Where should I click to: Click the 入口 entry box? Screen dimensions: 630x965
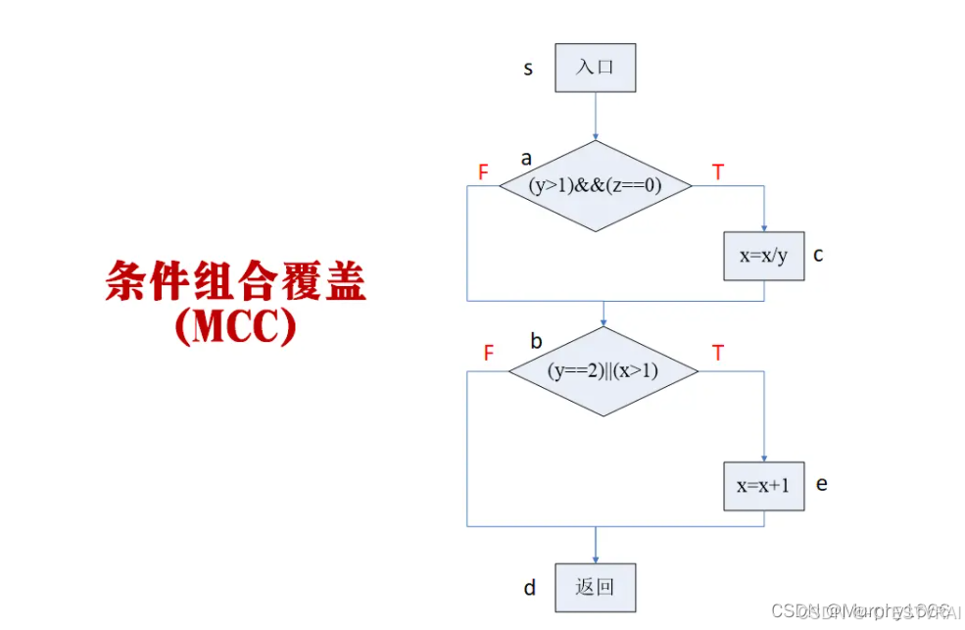[x=595, y=68]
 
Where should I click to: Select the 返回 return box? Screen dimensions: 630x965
[x=595, y=588]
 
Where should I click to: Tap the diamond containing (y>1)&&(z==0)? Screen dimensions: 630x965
[x=596, y=186]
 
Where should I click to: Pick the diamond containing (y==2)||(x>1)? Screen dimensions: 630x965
[x=603, y=371]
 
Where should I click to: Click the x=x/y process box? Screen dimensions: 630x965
[x=764, y=256]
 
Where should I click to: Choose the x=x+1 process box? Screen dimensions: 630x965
[x=764, y=486]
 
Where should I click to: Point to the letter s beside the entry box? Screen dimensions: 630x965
[x=529, y=69]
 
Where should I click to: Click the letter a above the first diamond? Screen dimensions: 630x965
[x=527, y=158]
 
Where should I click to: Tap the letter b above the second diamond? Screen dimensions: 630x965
[x=536, y=341]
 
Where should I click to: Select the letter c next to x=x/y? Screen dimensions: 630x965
[x=818, y=255]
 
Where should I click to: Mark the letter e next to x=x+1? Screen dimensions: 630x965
[x=821, y=484]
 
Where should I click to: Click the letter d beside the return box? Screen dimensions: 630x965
[x=530, y=588]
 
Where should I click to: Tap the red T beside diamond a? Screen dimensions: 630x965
[x=718, y=172]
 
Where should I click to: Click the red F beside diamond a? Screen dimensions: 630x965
[x=483, y=172]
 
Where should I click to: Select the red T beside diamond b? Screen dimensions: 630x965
[x=718, y=354]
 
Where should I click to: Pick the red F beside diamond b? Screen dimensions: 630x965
[x=489, y=354]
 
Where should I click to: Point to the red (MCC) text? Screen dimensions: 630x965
[x=235, y=328]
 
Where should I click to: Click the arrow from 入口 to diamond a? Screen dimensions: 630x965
[x=595, y=116]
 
